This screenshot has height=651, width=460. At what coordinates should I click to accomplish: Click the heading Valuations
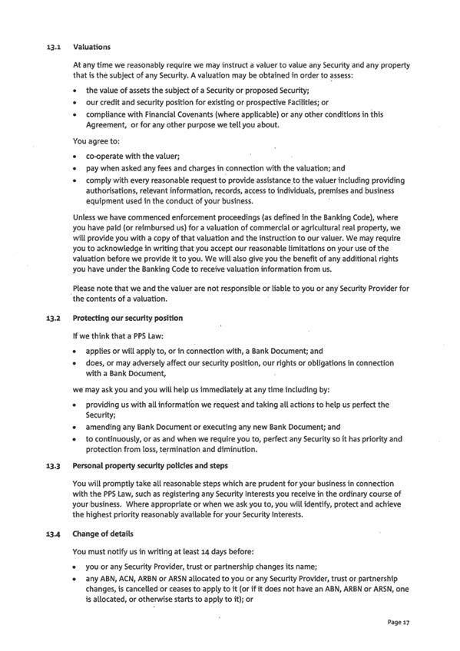pos(91,48)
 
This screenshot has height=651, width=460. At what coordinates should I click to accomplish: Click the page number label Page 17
pos(399,623)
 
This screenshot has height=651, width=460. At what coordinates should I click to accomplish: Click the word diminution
pos(236,449)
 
